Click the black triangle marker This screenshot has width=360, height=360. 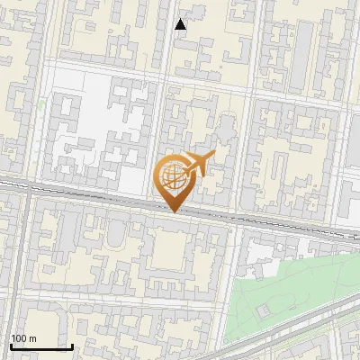tap(181, 24)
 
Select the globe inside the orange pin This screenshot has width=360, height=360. tap(172, 177)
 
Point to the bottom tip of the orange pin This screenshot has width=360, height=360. tap(173, 212)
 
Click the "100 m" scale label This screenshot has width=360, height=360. tap(24, 338)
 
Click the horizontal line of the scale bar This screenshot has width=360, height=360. tap(41, 346)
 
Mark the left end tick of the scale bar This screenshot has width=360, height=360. tap(11, 345)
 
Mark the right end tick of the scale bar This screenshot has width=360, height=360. tap(72, 345)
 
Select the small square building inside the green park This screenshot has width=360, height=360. tap(262, 310)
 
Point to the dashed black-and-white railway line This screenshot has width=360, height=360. tap(90, 193)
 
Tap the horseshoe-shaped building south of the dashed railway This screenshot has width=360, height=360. tap(118, 236)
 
